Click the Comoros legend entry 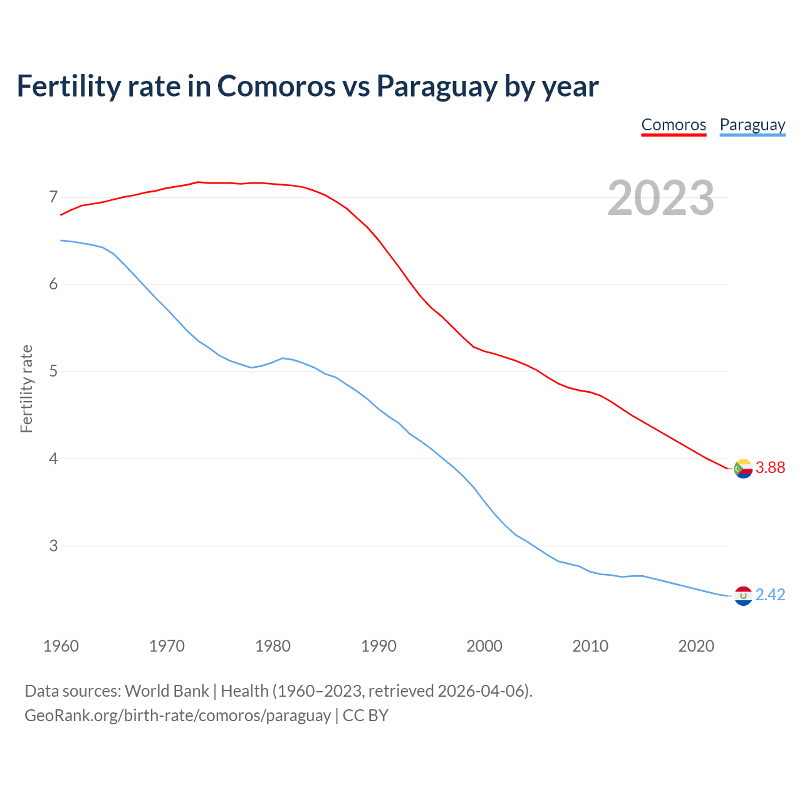click(674, 125)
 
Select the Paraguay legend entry click(752, 125)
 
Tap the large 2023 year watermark click(661, 198)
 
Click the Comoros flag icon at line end click(743, 468)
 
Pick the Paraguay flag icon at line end click(743, 595)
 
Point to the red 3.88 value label click(770, 468)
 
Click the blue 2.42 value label click(770, 595)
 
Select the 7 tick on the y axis click(53, 197)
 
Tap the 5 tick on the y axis click(53, 372)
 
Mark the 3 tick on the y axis click(53, 546)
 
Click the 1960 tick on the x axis click(61, 646)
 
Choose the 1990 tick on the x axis click(378, 646)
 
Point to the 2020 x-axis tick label click(696, 646)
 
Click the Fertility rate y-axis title click(26, 388)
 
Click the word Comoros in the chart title click(276, 86)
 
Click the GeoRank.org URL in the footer click(177, 716)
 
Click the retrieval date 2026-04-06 click(481, 691)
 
